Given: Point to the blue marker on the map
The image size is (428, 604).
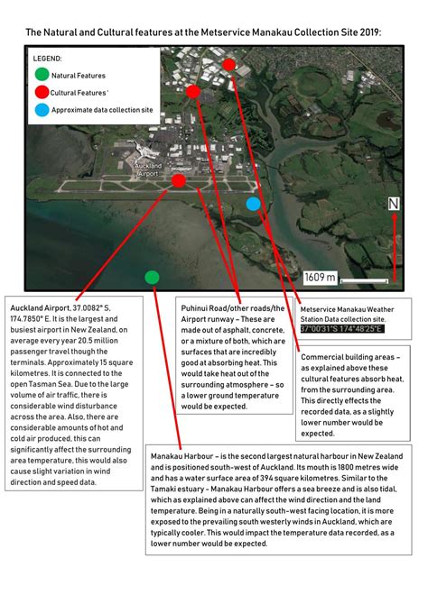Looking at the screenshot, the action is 254,205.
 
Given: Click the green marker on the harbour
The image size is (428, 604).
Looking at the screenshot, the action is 152,277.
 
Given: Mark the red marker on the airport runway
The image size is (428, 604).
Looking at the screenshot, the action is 179,181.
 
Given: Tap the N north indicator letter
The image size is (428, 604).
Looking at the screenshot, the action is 394,204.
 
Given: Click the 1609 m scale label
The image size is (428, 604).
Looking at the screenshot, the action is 320,278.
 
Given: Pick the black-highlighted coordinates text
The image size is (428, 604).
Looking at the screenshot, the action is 341,329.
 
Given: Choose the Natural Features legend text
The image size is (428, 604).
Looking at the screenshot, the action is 78,76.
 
